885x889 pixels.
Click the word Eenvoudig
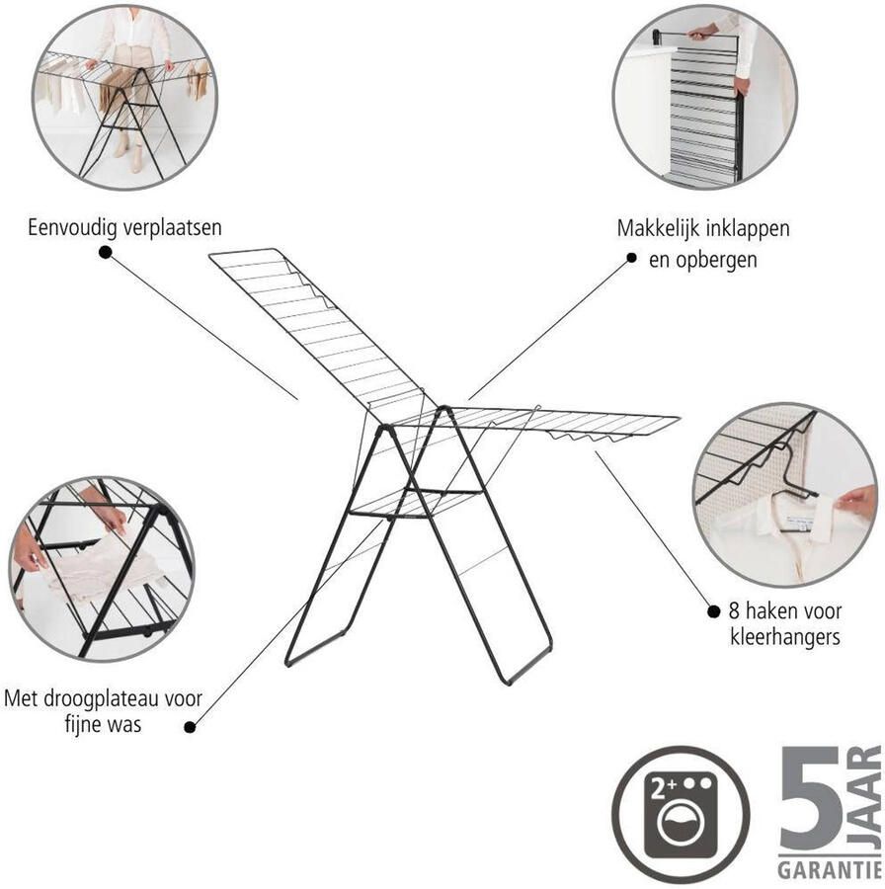(x=72, y=228)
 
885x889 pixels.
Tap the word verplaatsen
(x=172, y=228)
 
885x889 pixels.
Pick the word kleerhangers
(x=784, y=637)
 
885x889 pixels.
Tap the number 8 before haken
(x=734, y=611)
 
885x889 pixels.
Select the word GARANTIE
(x=829, y=869)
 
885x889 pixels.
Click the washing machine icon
(x=681, y=814)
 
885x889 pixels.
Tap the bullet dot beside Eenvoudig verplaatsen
(x=105, y=252)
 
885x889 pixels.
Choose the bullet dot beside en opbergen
(x=631, y=258)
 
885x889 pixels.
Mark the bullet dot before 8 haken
(x=714, y=611)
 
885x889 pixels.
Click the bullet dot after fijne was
(x=190, y=727)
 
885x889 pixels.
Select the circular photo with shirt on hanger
(x=784, y=495)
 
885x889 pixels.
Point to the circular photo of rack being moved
(x=124, y=98)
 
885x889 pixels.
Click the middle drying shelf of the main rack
(x=416, y=503)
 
